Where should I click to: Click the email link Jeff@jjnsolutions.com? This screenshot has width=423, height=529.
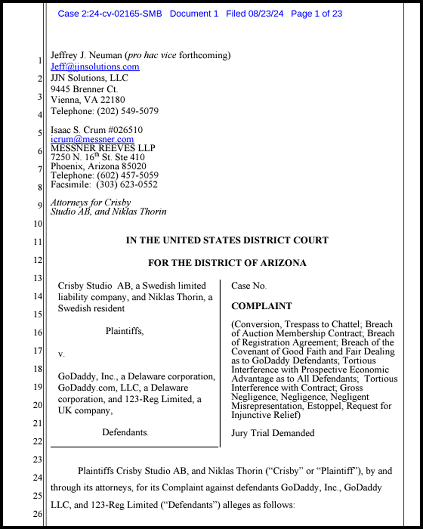pyautogui.click(x=95, y=67)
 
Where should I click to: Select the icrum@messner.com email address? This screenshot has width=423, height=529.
pyautogui.click(x=92, y=139)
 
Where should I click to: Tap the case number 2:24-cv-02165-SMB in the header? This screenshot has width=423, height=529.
pyautogui.click(x=110, y=14)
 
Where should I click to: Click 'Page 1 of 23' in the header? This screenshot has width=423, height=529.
pyautogui.click(x=316, y=14)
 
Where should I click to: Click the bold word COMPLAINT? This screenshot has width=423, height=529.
pyautogui.click(x=261, y=306)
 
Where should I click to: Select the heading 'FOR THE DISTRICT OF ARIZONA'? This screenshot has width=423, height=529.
pyautogui.click(x=227, y=263)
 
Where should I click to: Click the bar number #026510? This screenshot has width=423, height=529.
pyautogui.click(x=126, y=130)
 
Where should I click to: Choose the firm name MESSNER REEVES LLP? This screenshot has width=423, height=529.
pyautogui.click(x=103, y=148)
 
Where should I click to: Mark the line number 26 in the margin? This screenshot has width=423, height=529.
pyautogui.click(x=38, y=514)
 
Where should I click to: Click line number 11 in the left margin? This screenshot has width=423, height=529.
pyautogui.click(x=38, y=242)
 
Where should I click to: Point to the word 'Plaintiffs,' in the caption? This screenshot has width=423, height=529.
pyautogui.click(x=125, y=331)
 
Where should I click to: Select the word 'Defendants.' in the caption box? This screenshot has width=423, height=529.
pyautogui.click(x=125, y=432)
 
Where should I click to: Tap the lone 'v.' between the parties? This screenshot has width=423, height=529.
pyautogui.click(x=61, y=354)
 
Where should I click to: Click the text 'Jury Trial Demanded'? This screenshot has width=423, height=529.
pyautogui.click(x=273, y=433)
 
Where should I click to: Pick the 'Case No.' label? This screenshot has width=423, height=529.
pyautogui.click(x=249, y=286)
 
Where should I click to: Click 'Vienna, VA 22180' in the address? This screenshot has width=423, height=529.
pyautogui.click(x=88, y=100)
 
